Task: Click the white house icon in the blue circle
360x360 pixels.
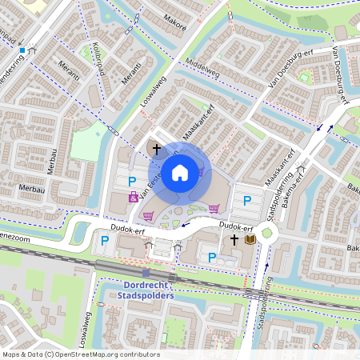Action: [x=180, y=172]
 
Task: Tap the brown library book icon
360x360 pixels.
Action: [x=250, y=239]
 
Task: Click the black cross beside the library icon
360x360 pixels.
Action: [x=235, y=239]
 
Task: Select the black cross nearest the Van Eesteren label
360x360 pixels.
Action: [x=157, y=148]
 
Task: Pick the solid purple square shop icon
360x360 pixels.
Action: [x=133, y=198]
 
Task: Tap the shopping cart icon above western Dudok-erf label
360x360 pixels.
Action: [x=148, y=215]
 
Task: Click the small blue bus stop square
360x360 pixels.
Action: [x=22, y=50]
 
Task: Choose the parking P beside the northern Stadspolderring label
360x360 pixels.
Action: [x=247, y=201]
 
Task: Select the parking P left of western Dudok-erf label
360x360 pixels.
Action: [x=104, y=240]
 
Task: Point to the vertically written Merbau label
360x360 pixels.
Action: [x=51, y=161]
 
